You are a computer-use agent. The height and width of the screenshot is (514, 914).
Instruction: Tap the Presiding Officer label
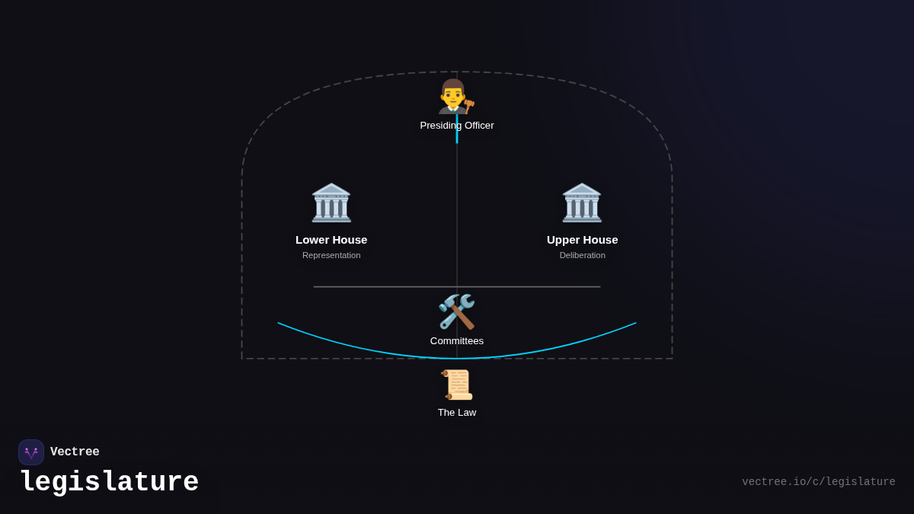(x=456, y=125)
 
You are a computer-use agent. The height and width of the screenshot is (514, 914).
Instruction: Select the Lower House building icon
(x=331, y=203)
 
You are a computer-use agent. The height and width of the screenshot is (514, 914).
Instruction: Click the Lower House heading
(x=331, y=240)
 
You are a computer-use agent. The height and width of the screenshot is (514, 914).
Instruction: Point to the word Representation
(x=331, y=255)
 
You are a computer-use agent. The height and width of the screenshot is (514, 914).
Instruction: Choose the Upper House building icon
(x=582, y=203)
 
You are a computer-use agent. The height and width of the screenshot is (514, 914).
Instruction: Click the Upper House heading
(x=582, y=240)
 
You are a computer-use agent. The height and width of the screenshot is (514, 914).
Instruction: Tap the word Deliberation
(x=582, y=255)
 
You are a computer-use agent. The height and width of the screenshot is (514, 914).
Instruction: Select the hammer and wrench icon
(x=456, y=311)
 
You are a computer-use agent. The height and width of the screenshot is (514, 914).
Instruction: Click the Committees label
(x=456, y=340)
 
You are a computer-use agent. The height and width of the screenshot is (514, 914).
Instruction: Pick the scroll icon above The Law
(x=456, y=385)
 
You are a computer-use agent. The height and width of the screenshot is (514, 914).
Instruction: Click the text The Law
(x=456, y=413)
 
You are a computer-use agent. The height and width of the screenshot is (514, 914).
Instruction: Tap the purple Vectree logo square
(x=31, y=452)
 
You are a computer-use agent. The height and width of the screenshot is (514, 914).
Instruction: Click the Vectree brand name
(x=75, y=452)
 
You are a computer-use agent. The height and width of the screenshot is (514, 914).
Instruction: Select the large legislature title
(x=110, y=482)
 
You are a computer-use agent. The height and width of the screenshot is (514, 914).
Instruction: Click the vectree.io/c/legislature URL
(x=819, y=482)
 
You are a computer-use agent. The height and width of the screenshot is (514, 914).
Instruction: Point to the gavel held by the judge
(x=469, y=106)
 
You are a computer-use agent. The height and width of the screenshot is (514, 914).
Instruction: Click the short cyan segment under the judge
(x=457, y=129)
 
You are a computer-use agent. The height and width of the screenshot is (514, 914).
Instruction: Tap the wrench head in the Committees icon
(x=467, y=302)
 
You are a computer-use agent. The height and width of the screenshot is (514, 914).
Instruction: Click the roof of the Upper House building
(x=582, y=190)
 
